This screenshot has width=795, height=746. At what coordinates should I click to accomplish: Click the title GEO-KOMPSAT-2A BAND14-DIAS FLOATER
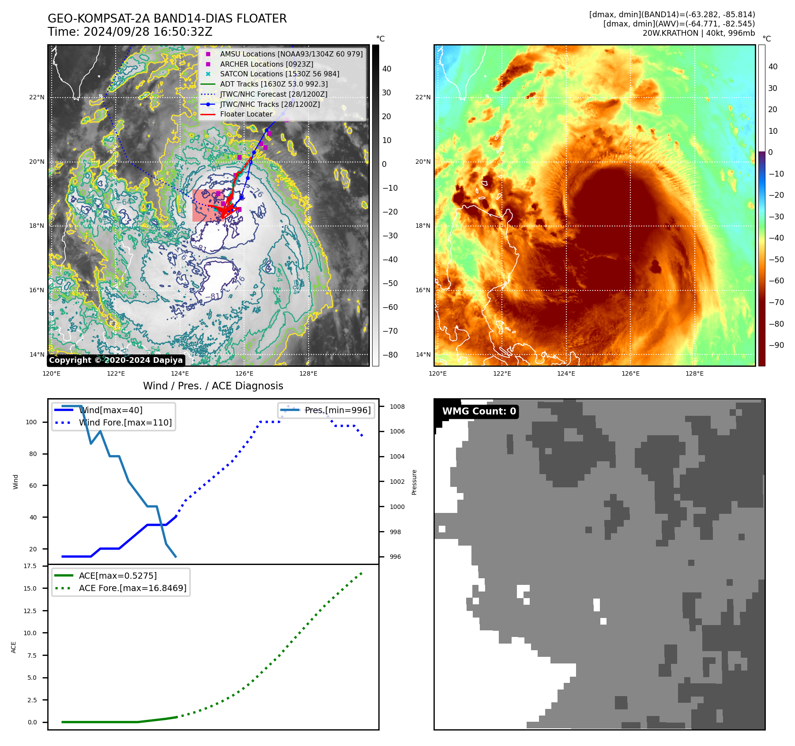[x=167, y=19]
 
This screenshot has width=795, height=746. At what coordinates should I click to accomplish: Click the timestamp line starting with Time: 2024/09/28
[x=130, y=32]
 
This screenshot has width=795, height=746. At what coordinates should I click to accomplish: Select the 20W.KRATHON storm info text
[x=698, y=33]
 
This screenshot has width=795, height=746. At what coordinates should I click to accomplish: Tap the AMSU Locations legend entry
[x=291, y=54]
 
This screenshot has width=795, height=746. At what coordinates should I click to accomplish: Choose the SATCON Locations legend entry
[x=279, y=74]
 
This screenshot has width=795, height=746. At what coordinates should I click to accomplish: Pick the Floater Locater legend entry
[x=246, y=114]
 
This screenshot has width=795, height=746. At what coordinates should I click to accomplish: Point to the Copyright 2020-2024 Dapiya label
[x=116, y=360]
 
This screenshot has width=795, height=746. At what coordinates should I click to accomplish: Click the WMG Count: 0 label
[x=479, y=411]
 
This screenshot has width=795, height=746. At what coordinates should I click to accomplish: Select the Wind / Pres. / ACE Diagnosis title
[x=213, y=386]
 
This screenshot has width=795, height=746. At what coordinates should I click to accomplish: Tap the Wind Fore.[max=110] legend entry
[x=125, y=422]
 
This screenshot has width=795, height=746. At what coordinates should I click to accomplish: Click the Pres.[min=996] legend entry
[x=338, y=410]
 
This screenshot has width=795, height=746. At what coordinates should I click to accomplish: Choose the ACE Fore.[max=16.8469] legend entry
[x=132, y=588]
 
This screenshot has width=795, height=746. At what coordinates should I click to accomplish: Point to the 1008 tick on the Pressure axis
[x=397, y=407]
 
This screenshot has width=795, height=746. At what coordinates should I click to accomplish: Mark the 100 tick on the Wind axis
[x=31, y=422]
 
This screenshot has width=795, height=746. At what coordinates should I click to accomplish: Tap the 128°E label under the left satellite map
[x=308, y=373]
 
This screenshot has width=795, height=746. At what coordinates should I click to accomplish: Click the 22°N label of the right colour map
[x=422, y=97]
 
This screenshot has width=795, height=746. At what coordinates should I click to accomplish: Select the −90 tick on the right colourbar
[x=776, y=345]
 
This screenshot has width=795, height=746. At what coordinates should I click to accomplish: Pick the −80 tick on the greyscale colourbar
[x=390, y=355]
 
